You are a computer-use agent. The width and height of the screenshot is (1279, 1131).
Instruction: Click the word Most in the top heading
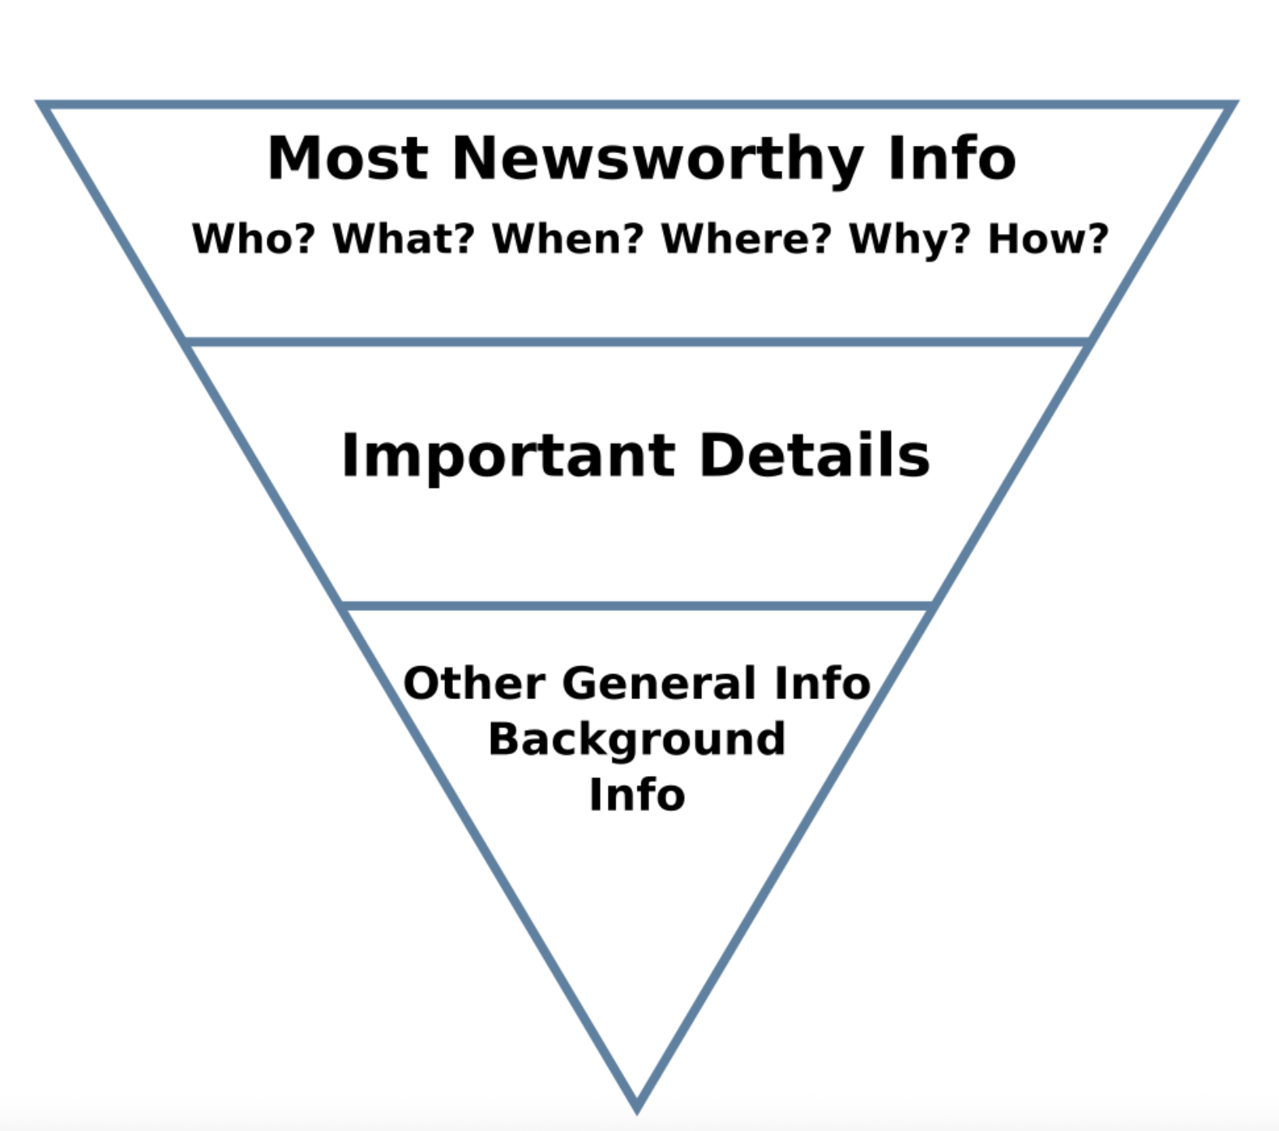pos(348,158)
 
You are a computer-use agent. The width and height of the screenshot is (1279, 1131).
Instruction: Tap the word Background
pos(637,740)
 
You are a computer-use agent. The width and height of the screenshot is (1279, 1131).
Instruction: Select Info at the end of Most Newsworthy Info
pos(952,158)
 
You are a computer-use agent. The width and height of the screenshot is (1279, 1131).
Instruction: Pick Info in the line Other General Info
pos(822,683)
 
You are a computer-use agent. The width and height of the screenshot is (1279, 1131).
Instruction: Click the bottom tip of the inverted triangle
pos(637,1107)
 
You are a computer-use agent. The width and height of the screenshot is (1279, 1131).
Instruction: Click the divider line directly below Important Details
pos(637,606)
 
